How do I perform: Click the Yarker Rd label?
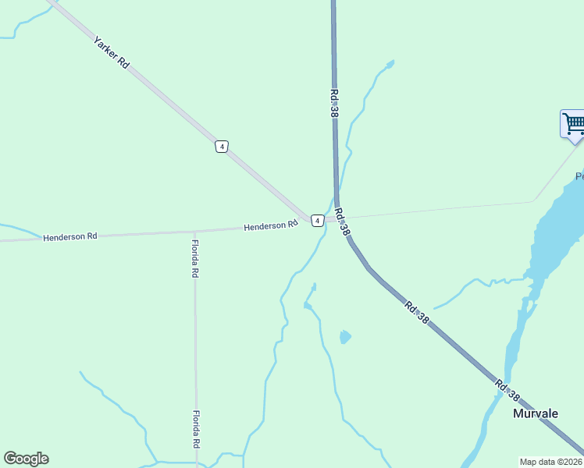[111, 52]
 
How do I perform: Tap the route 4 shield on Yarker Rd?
[223, 147]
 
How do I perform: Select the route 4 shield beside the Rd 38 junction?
[317, 221]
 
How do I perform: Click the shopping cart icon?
[573, 123]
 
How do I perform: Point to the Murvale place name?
[535, 413]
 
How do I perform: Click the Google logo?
[26, 459]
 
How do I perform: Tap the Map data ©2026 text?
[551, 462]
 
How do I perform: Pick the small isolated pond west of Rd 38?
[344, 337]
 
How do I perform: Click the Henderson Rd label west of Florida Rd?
[70, 236]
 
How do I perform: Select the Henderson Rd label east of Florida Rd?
[271, 226]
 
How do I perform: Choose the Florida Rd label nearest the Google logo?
[196, 429]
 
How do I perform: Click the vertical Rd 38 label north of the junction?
[334, 103]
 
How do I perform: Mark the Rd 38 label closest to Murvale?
[507, 390]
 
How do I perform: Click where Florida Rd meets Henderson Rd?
[194, 232]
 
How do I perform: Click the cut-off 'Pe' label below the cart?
[579, 176]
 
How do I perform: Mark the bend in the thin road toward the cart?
[534, 201]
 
